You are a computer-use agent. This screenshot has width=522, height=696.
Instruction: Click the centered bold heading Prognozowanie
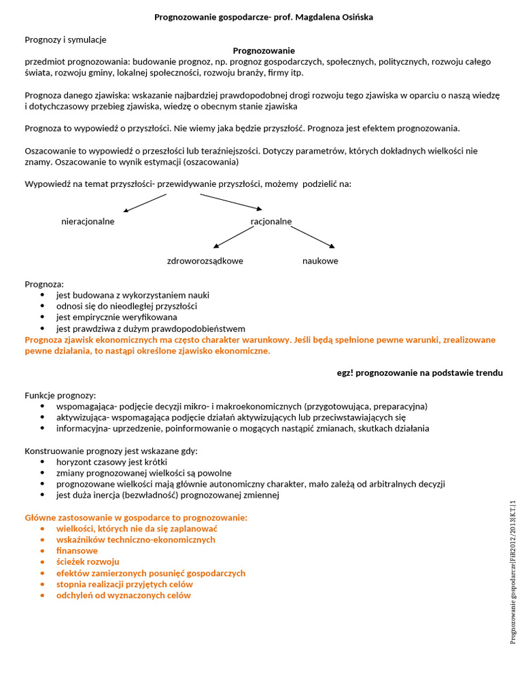coord(264,50)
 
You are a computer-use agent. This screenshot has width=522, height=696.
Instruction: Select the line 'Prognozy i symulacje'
coord(65,39)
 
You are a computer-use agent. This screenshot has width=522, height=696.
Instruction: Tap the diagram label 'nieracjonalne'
coord(88,222)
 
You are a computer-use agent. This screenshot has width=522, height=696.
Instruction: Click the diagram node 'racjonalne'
coord(271,222)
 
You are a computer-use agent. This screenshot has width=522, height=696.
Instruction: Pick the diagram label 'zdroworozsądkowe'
coord(205,261)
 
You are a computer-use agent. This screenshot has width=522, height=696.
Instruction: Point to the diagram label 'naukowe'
coord(320,261)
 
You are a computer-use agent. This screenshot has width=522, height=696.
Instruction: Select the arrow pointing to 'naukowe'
coord(313,237)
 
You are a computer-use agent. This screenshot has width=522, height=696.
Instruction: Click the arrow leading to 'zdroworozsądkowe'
coord(233,237)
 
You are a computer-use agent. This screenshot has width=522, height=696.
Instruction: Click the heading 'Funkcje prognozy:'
coord(60,395)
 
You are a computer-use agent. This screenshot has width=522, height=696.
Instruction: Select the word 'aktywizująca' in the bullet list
coord(82,417)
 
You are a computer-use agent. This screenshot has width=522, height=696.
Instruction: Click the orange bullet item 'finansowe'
coord(77,551)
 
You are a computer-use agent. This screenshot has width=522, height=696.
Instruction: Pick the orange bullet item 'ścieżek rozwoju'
coord(88,561)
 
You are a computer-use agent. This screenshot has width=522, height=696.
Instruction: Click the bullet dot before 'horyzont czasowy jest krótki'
coord(43,462)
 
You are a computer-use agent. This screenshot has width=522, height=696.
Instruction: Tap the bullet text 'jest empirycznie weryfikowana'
coord(116,317)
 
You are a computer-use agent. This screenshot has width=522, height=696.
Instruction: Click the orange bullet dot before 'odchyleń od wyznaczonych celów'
coord(43,595)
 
